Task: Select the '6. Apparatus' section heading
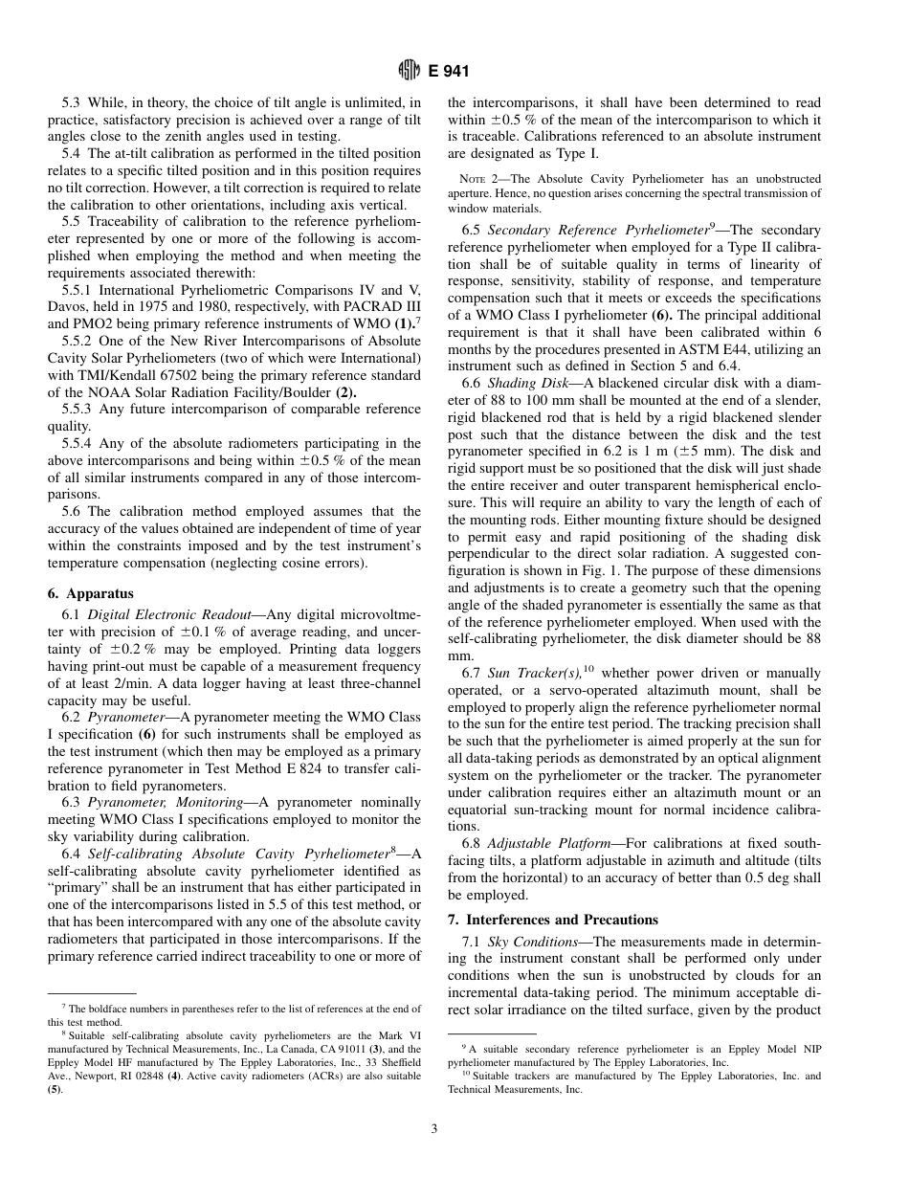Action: tap(92, 593)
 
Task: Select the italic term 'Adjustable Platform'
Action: tap(543, 843)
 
